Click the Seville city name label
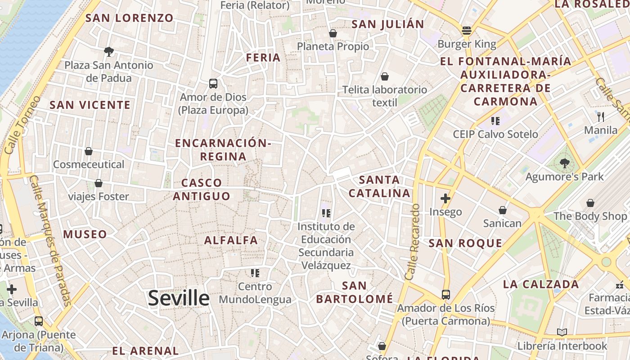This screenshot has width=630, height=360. (x=179, y=298)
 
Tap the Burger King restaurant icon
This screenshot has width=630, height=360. (x=466, y=31)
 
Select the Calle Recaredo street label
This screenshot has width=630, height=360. (x=413, y=242)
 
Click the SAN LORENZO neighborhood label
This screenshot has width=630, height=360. (x=129, y=18)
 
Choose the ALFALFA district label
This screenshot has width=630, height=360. (x=231, y=240)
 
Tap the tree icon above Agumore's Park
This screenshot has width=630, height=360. (x=564, y=163)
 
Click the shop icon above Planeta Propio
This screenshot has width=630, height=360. (x=333, y=33)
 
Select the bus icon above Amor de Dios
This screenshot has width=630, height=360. (x=213, y=84)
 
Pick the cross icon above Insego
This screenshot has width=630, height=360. (x=445, y=198)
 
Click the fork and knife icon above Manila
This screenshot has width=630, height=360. (x=601, y=117)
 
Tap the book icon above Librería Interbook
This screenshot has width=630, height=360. (x=562, y=333)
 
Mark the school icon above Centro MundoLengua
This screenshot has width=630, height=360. (x=255, y=273)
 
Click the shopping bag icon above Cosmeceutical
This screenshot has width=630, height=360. (x=89, y=151)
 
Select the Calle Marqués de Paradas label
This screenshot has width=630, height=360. (x=50, y=240)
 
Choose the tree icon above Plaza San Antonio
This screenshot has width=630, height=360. (x=108, y=52)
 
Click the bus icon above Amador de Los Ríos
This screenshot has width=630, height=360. (x=445, y=295)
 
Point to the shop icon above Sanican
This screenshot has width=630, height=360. (x=502, y=210)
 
